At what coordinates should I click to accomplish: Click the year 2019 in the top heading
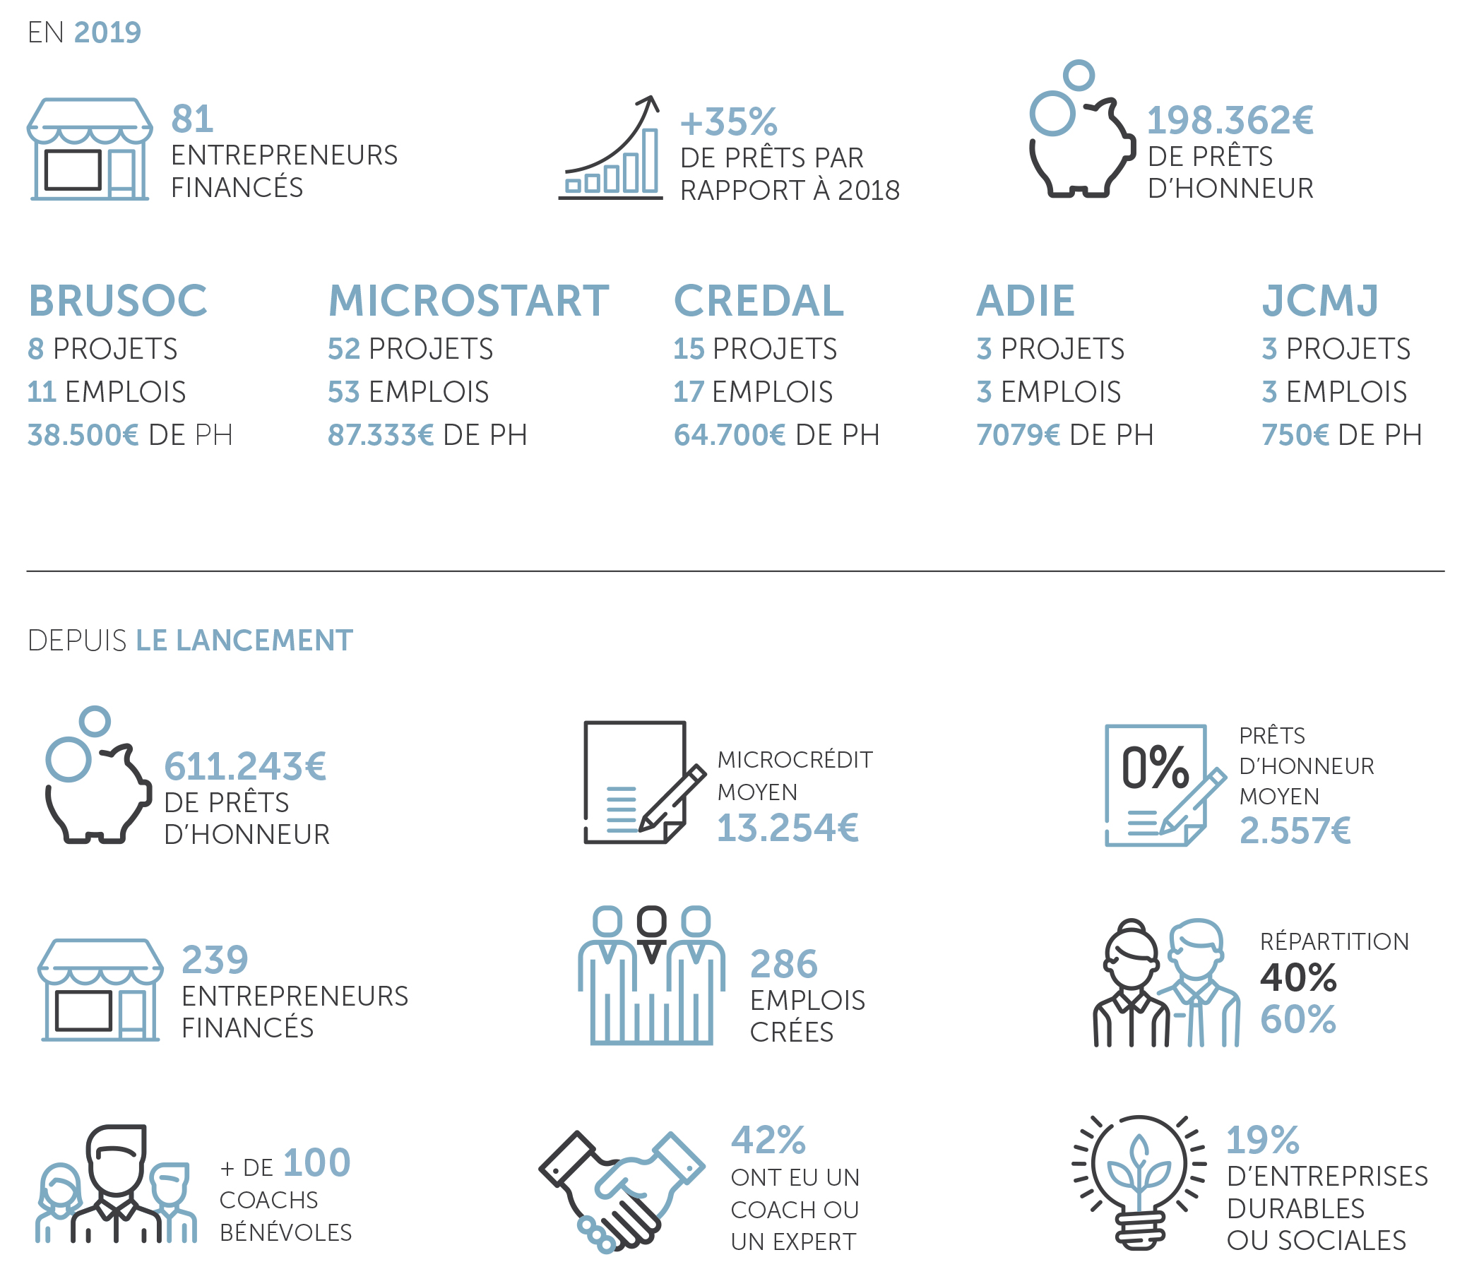pos(107,32)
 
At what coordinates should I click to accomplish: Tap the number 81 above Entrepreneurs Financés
pos(192,119)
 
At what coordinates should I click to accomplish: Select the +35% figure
pos(728,122)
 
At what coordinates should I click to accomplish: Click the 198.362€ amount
pos(1229,120)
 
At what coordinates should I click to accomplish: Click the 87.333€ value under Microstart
pos(381,435)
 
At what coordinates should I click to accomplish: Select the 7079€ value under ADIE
pos(1018,435)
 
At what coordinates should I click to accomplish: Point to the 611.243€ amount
pos(245,767)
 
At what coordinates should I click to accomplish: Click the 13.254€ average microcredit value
pos(788,828)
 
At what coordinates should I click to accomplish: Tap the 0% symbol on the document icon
pos(1155,768)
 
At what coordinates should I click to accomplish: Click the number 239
pos(215,959)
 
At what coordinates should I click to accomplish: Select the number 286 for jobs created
pos(784,965)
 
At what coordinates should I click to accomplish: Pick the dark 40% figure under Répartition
pos(1297,977)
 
